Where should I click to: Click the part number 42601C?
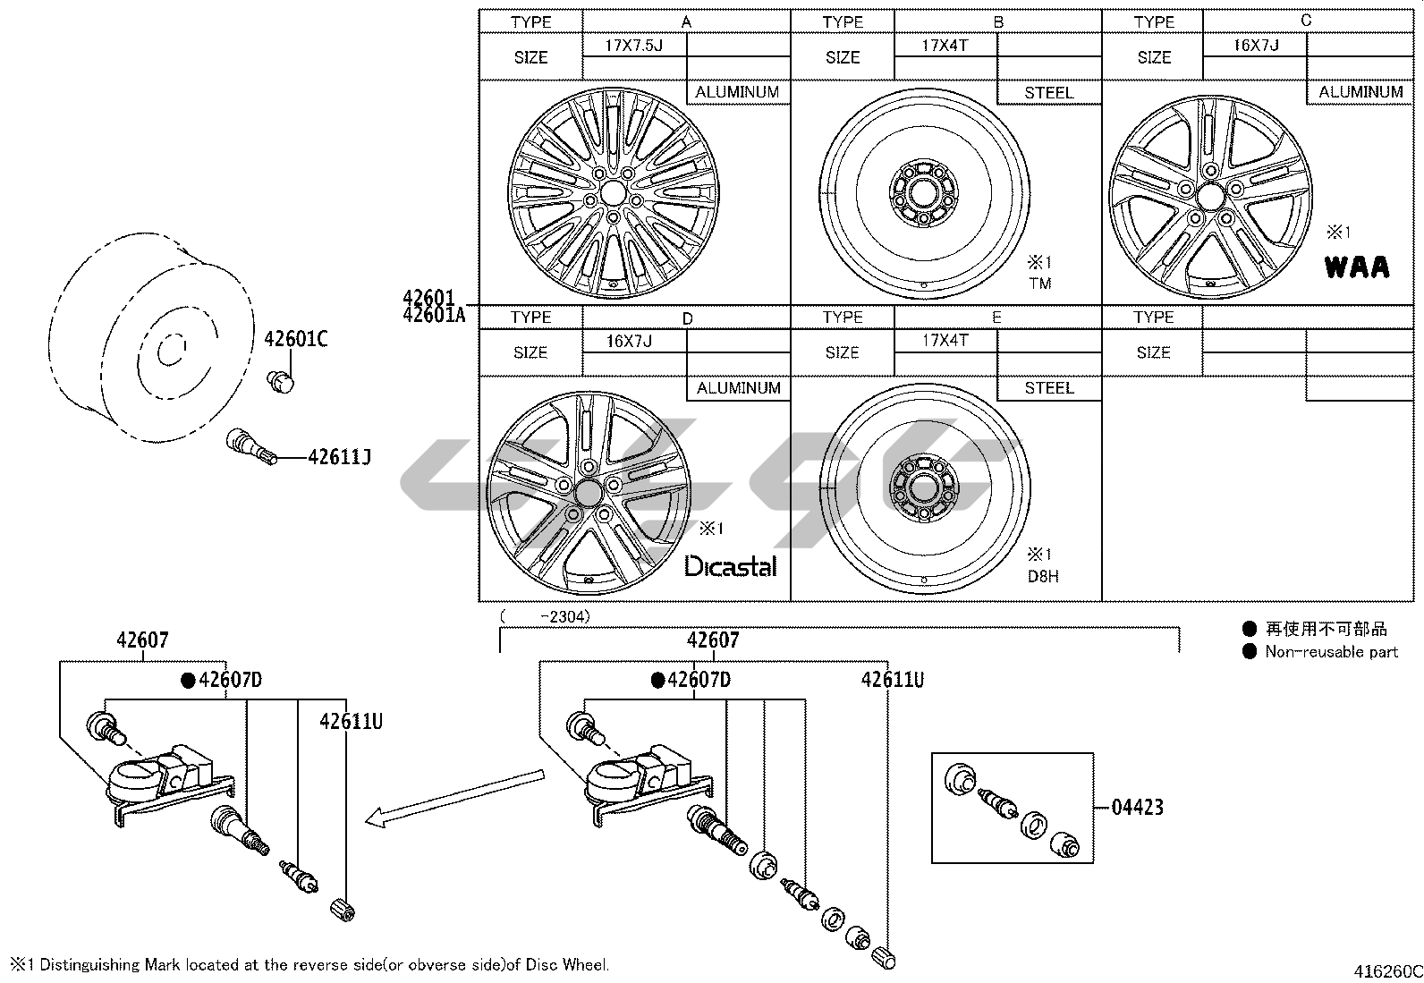(x=296, y=339)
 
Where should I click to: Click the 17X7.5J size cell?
(x=633, y=45)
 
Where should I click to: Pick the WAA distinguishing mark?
(x=1357, y=267)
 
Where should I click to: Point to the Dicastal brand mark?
(x=731, y=566)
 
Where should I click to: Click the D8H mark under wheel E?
(x=1042, y=577)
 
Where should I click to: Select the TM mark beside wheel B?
(x=1039, y=284)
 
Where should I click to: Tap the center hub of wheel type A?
(x=613, y=193)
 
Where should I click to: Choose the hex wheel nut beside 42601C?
(x=282, y=382)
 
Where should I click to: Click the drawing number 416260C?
(x=1387, y=971)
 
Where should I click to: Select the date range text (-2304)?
(x=547, y=616)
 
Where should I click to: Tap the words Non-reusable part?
(x=1331, y=652)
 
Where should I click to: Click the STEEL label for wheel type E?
(x=1048, y=388)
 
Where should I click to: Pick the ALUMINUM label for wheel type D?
(x=738, y=388)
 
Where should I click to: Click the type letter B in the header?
(x=998, y=21)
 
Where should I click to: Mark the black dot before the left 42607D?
(x=188, y=681)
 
